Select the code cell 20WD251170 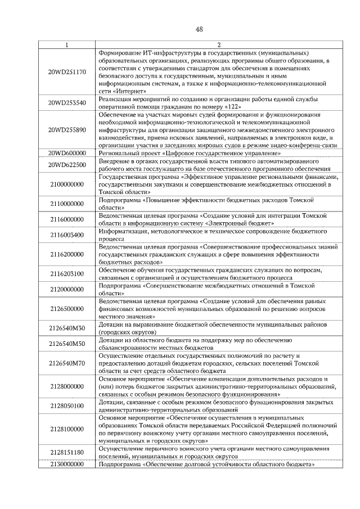pyautogui.click(x=67, y=72)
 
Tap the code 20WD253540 pyautogui.click(x=67, y=103)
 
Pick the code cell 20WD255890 pyautogui.click(x=67, y=130)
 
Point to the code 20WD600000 pyautogui.click(x=67, y=153)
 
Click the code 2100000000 pyautogui.click(x=67, y=184)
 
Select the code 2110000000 pyautogui.click(x=67, y=204)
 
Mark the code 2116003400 pyautogui.click(x=67, y=235)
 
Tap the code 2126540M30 pyautogui.click(x=67, y=328)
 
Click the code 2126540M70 pyautogui.click(x=67, y=363)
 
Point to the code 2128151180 pyautogui.click(x=67, y=452)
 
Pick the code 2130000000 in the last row pyautogui.click(x=67, y=465)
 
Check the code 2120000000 pyautogui.click(x=67, y=289)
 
